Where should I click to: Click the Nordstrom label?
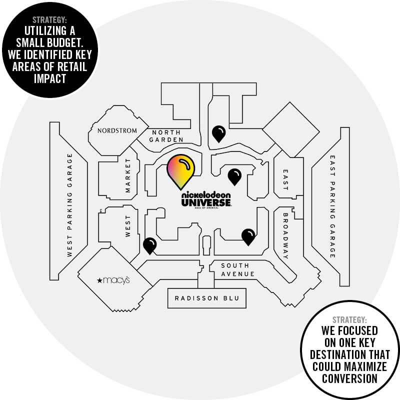point(117,131)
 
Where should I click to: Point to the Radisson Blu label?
point(203,298)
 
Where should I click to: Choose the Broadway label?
point(285,235)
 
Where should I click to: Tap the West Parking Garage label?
point(69,205)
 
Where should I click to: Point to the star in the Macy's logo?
point(100,280)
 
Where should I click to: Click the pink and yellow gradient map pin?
point(181,171)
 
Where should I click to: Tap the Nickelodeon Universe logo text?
point(206,199)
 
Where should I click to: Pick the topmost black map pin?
point(218,133)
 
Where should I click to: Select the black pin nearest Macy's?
point(149,245)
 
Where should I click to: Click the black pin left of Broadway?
point(248,236)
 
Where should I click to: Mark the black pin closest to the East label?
point(234,176)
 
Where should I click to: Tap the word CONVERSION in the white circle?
point(349,378)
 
